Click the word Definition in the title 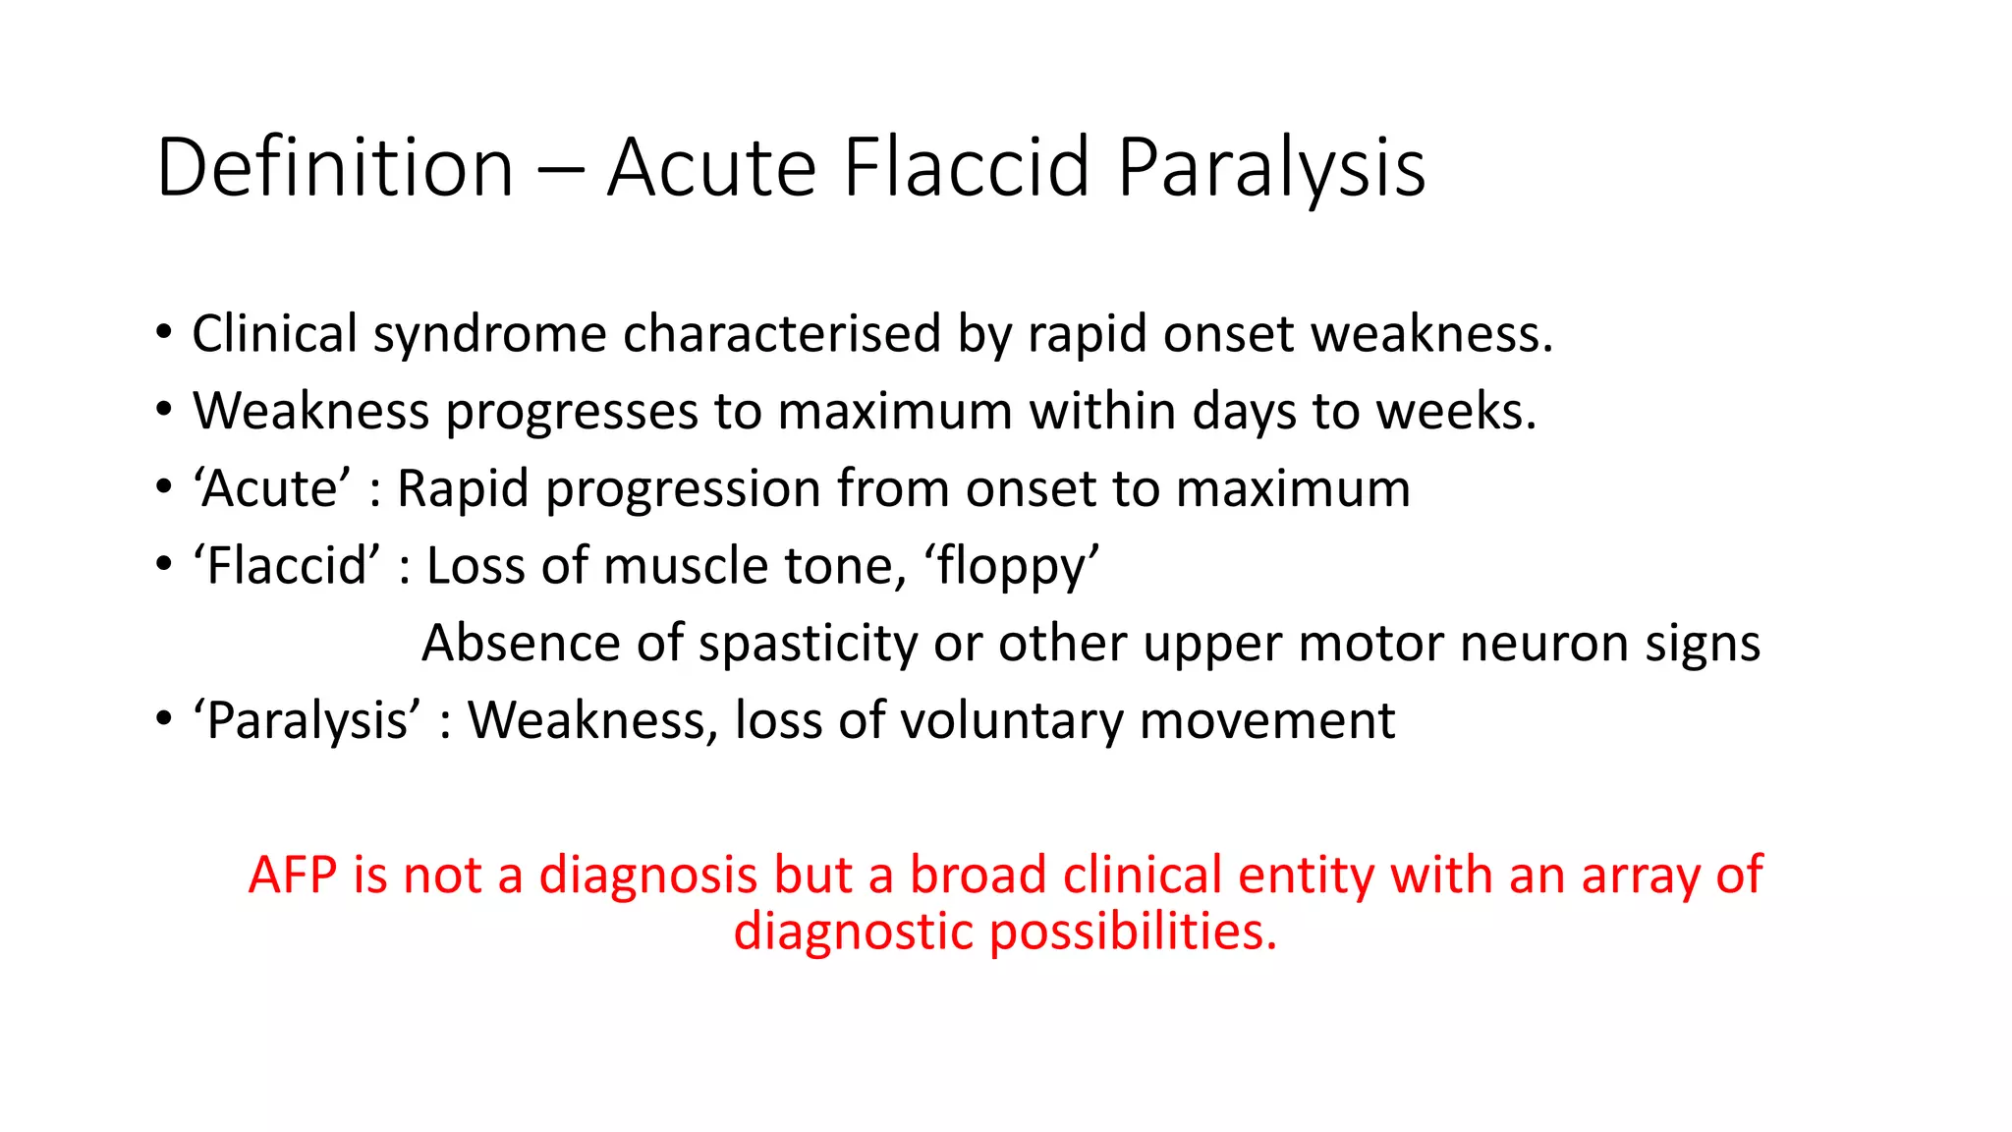pos(335,167)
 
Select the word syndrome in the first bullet pos(489,334)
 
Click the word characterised pos(781,334)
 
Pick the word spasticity pos(808,644)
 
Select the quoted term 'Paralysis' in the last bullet pos(307,721)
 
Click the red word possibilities pos(1132,931)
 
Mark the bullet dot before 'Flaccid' pos(164,565)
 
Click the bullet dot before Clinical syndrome pos(164,332)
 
